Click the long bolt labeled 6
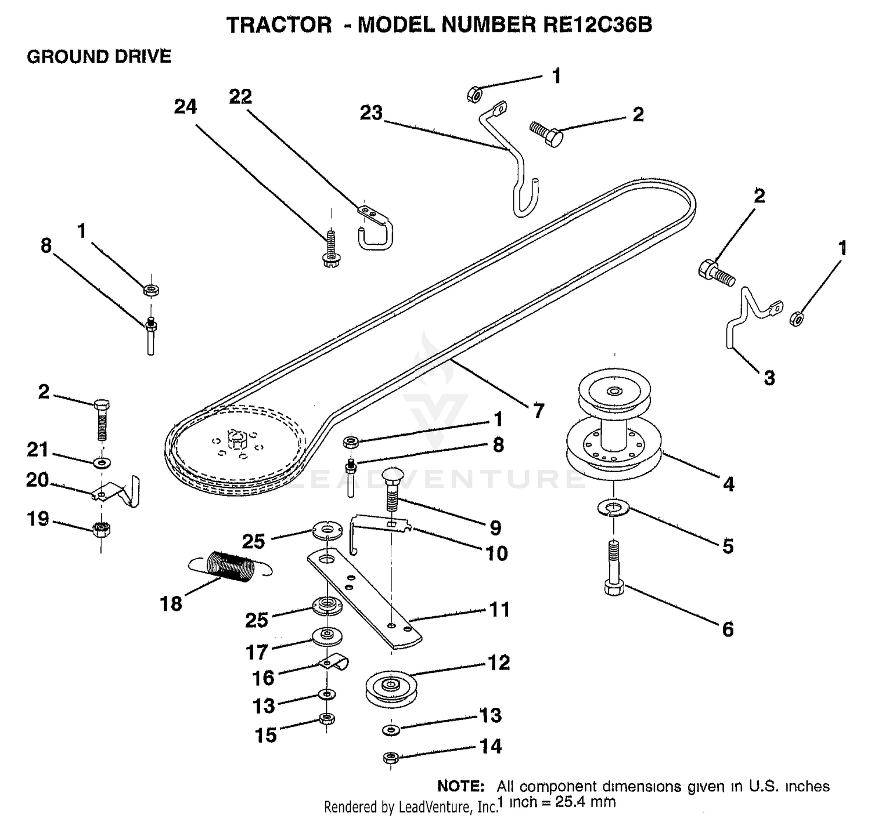614,568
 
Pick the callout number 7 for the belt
538,411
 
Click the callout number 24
185,107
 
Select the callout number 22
241,97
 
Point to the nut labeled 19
102,530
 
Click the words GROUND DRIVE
99,57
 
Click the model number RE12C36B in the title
598,25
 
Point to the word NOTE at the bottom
460,786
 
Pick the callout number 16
263,678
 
